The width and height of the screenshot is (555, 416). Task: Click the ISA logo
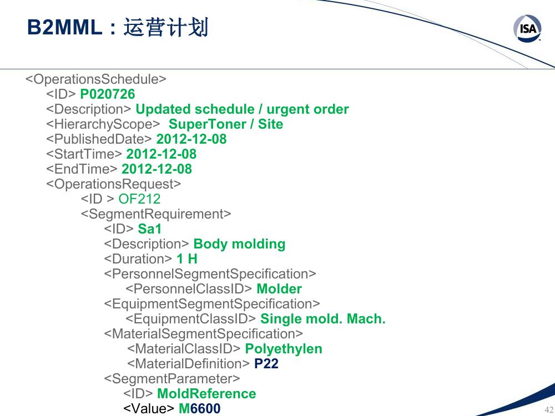pos(527,28)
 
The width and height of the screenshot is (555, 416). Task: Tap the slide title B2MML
pos(65,27)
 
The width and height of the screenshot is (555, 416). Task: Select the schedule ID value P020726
pos(108,94)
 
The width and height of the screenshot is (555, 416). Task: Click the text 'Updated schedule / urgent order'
pos(242,109)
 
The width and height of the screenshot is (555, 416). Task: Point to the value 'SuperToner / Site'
pos(226,124)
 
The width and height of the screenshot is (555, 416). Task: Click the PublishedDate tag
pos(99,139)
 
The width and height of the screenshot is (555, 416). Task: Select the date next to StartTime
pos(162,154)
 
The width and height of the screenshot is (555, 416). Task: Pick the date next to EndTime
pos(157,169)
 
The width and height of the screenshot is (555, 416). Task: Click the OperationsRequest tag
pos(114,184)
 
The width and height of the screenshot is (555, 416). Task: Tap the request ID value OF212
pos(139,199)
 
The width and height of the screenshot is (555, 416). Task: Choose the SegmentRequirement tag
pos(156,214)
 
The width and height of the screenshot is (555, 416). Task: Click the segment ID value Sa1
pos(150,229)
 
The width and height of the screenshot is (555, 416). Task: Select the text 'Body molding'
pos(240,244)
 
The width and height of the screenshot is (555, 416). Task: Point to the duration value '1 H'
pos(187,259)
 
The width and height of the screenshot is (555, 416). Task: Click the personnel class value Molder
pos(279,288)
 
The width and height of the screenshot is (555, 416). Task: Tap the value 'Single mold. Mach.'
pos(323,319)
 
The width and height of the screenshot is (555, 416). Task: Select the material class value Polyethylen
pos(284,349)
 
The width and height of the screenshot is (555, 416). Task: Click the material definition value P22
pos(266,364)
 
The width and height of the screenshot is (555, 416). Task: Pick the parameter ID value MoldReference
pos(206,394)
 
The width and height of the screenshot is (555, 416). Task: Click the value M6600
pos(200,409)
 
